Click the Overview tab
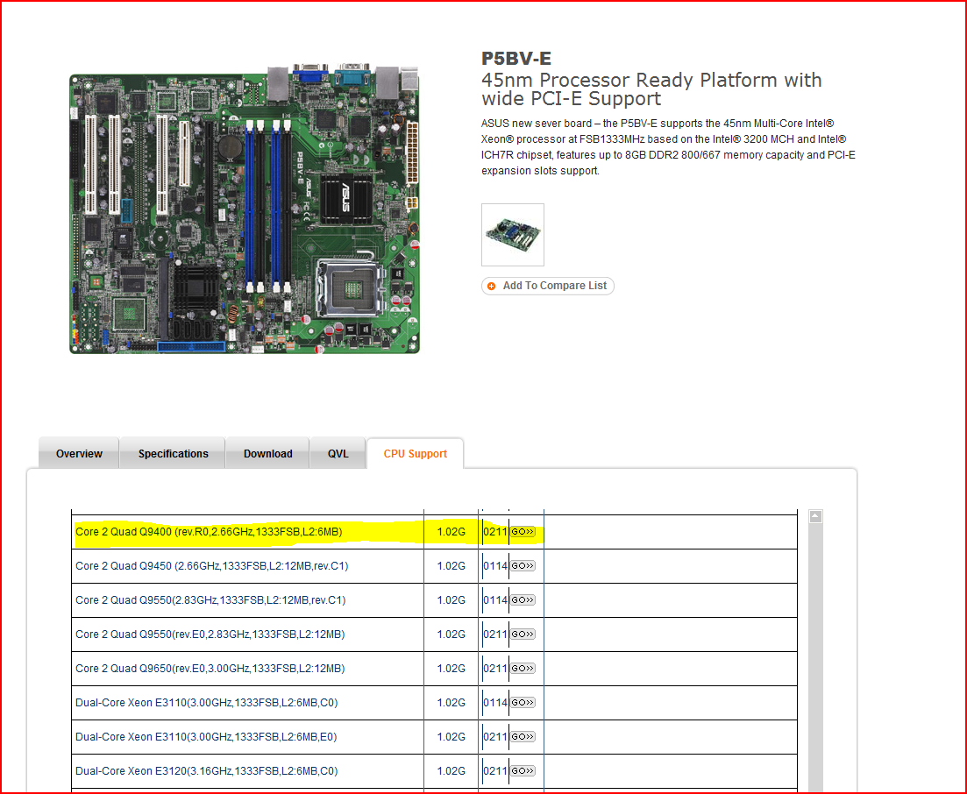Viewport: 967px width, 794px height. point(79,454)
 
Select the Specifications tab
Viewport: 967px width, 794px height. point(173,454)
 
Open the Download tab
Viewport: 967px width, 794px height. point(267,454)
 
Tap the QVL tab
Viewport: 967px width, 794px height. point(338,454)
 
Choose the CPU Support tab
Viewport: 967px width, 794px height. point(415,454)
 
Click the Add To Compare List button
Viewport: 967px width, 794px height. point(548,286)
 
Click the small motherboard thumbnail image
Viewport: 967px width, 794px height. point(513,235)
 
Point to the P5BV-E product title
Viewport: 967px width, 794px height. point(516,59)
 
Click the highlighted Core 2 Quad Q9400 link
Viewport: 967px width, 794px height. point(209,532)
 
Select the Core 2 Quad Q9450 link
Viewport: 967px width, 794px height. point(211,566)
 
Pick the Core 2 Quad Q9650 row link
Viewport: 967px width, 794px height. point(210,669)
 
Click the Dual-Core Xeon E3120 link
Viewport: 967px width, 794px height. point(207,771)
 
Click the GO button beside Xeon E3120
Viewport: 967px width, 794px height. point(523,771)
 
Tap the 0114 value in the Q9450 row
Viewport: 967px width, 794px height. point(495,566)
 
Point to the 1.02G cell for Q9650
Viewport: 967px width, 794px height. point(451,669)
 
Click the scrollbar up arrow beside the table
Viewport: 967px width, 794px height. point(815,516)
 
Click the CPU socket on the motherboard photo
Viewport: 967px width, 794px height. point(351,287)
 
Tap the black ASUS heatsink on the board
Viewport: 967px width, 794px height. point(346,198)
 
